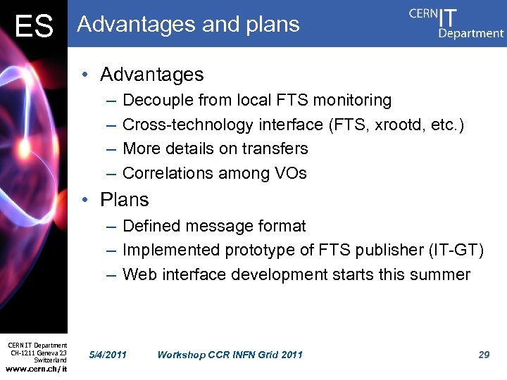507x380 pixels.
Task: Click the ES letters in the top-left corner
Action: pyautogui.click(x=33, y=26)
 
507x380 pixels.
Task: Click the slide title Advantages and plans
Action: pyautogui.click(x=188, y=24)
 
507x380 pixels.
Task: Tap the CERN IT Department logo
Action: pyautogui.click(x=456, y=23)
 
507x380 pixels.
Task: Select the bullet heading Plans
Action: pyautogui.click(x=125, y=200)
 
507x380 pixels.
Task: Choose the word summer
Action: pyautogui.click(x=441, y=274)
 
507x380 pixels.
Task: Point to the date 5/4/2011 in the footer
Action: pyautogui.click(x=108, y=355)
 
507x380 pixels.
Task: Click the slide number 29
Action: pyautogui.click(x=484, y=355)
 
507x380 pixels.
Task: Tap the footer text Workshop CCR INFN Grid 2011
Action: pyautogui.click(x=230, y=355)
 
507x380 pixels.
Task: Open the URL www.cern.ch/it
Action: pyautogui.click(x=37, y=369)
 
